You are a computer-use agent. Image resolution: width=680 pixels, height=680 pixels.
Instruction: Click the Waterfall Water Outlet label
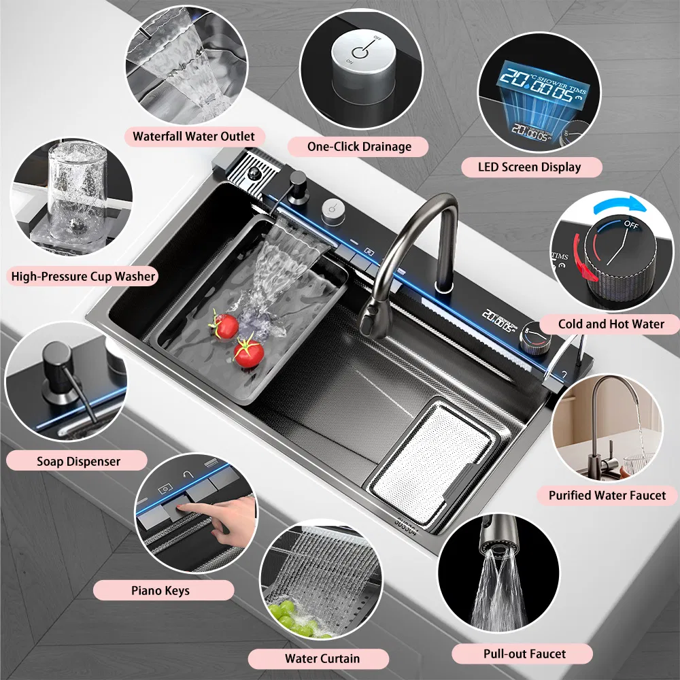coord(193,137)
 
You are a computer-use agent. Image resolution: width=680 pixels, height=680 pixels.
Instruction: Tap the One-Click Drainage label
coord(359,147)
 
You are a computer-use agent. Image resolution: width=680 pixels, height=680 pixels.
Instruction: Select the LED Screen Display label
coord(530,167)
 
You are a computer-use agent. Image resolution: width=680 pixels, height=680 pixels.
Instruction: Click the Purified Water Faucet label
coord(607,495)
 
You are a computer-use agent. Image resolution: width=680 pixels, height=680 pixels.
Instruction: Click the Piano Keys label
coord(160,591)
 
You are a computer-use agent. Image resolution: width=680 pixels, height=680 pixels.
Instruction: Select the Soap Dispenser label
coord(78,461)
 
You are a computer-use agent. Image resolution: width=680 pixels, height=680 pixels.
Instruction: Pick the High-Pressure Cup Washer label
coord(83,276)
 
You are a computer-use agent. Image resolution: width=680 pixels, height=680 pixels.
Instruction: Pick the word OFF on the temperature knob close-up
coord(632,225)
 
